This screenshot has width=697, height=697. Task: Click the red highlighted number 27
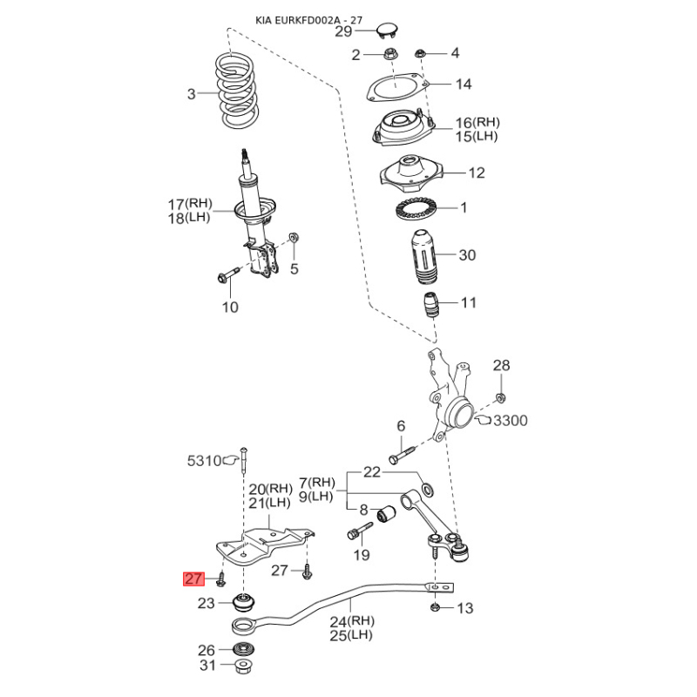tap(193, 579)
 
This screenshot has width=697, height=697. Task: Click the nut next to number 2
tap(389, 55)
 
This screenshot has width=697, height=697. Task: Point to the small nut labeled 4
tap(420, 54)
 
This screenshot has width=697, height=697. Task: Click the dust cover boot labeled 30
tap(423, 257)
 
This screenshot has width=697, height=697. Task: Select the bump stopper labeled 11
tap(430, 305)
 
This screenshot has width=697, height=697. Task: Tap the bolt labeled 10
tap(229, 274)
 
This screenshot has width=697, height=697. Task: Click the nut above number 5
tap(294, 237)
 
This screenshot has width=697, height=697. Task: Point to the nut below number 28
tap(500, 397)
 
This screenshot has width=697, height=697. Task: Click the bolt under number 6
tap(402, 455)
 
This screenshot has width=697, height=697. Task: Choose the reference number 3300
tap(511, 421)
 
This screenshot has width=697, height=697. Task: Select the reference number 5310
tap(204, 461)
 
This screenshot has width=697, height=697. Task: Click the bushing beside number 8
tap(387, 513)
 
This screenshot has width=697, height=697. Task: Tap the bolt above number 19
tap(360, 531)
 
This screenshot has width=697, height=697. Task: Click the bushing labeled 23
tap(244, 601)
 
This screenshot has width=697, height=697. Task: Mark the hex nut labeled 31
tap(244, 667)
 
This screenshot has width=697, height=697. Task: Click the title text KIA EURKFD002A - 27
tap(309, 20)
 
